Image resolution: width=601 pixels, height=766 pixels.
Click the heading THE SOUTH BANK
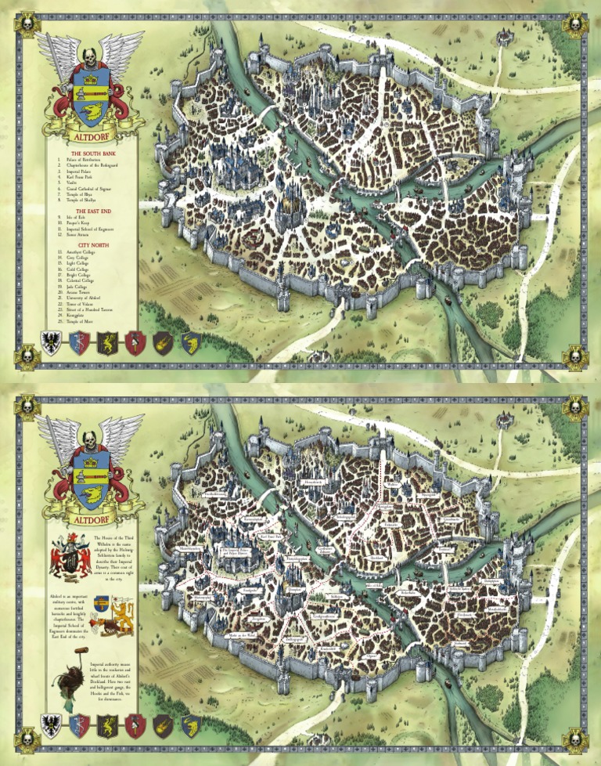(91, 154)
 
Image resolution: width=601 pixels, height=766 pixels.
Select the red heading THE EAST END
(91, 211)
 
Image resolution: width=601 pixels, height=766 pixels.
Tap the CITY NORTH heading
(91, 245)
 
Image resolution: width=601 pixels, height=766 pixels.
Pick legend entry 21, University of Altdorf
(85, 299)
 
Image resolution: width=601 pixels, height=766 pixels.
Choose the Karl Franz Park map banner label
(272, 537)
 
